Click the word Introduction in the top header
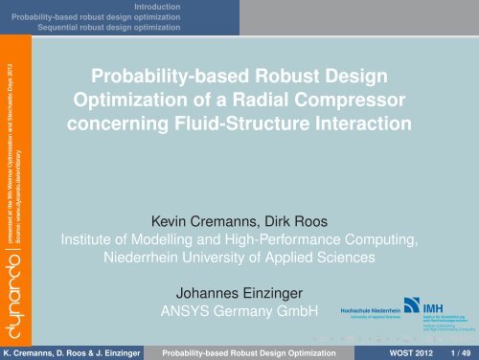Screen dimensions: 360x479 click(x=157, y=6)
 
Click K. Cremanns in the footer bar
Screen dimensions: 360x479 click(x=34, y=351)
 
